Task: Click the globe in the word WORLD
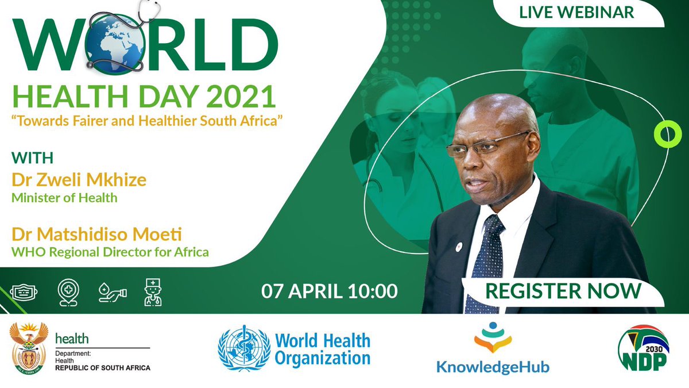tap(116, 44)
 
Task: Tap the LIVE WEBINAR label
tap(576, 12)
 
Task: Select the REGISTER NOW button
tap(563, 291)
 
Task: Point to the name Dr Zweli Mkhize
tap(79, 180)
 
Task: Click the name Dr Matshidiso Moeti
tap(96, 235)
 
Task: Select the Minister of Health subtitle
tap(64, 198)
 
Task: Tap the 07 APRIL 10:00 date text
tap(330, 291)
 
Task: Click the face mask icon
tap(24, 292)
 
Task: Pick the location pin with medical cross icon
tap(68, 292)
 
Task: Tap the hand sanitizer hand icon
tap(113, 293)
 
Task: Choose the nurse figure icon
tap(153, 292)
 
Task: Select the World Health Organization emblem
tap(244, 349)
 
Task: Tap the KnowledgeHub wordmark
tap(493, 367)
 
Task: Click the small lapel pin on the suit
tap(459, 247)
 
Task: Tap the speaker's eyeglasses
tap(487, 144)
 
